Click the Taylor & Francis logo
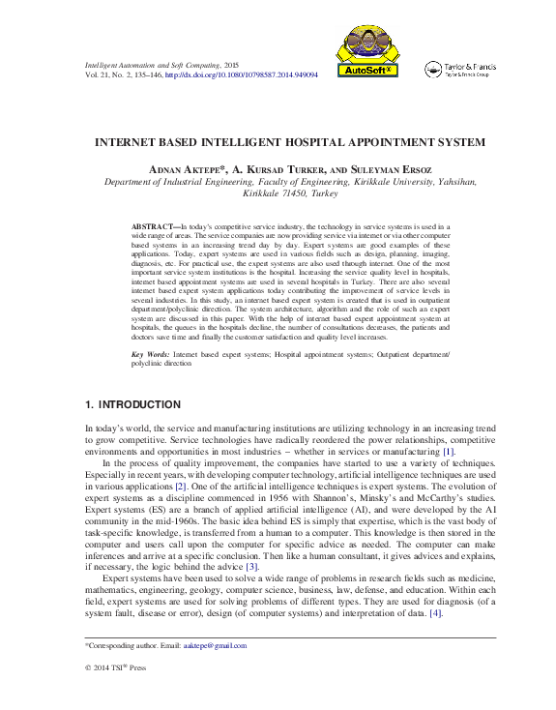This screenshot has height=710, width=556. coord(460,69)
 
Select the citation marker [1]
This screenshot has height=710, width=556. coord(448,452)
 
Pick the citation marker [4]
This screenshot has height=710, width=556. coord(436,614)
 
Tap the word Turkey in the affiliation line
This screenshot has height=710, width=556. coord(324,192)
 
